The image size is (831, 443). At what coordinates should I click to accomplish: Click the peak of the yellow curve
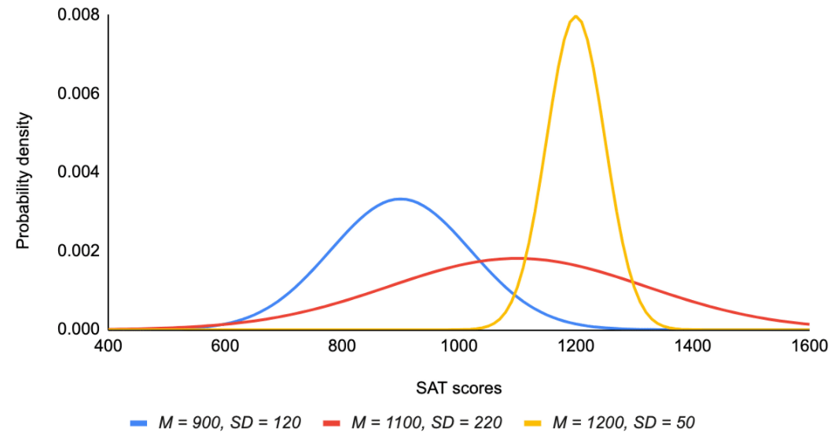coord(576,16)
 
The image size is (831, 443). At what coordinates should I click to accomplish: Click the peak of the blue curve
coord(401,199)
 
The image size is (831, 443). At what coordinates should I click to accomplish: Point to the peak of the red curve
coord(517,258)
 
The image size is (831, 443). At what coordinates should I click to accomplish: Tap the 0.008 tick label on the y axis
coord(79,15)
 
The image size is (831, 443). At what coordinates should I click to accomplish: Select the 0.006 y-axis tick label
coord(79,93)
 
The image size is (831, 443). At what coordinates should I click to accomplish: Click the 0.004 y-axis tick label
coord(79,172)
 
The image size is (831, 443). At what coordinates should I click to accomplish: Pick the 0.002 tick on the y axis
coord(79,251)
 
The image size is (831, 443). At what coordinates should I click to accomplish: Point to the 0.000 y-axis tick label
coord(79,329)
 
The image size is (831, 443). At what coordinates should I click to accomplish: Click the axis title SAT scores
coord(459,387)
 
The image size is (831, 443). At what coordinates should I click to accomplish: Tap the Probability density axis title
coord(23,180)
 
